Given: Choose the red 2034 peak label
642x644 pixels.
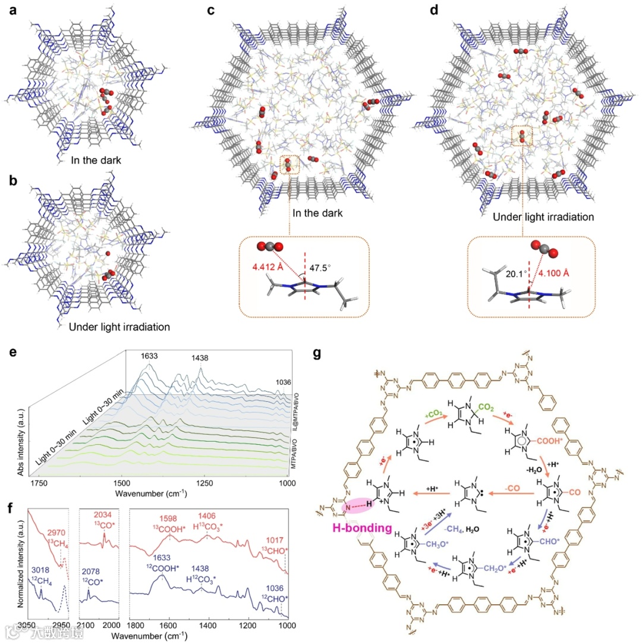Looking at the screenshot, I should [103, 512].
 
